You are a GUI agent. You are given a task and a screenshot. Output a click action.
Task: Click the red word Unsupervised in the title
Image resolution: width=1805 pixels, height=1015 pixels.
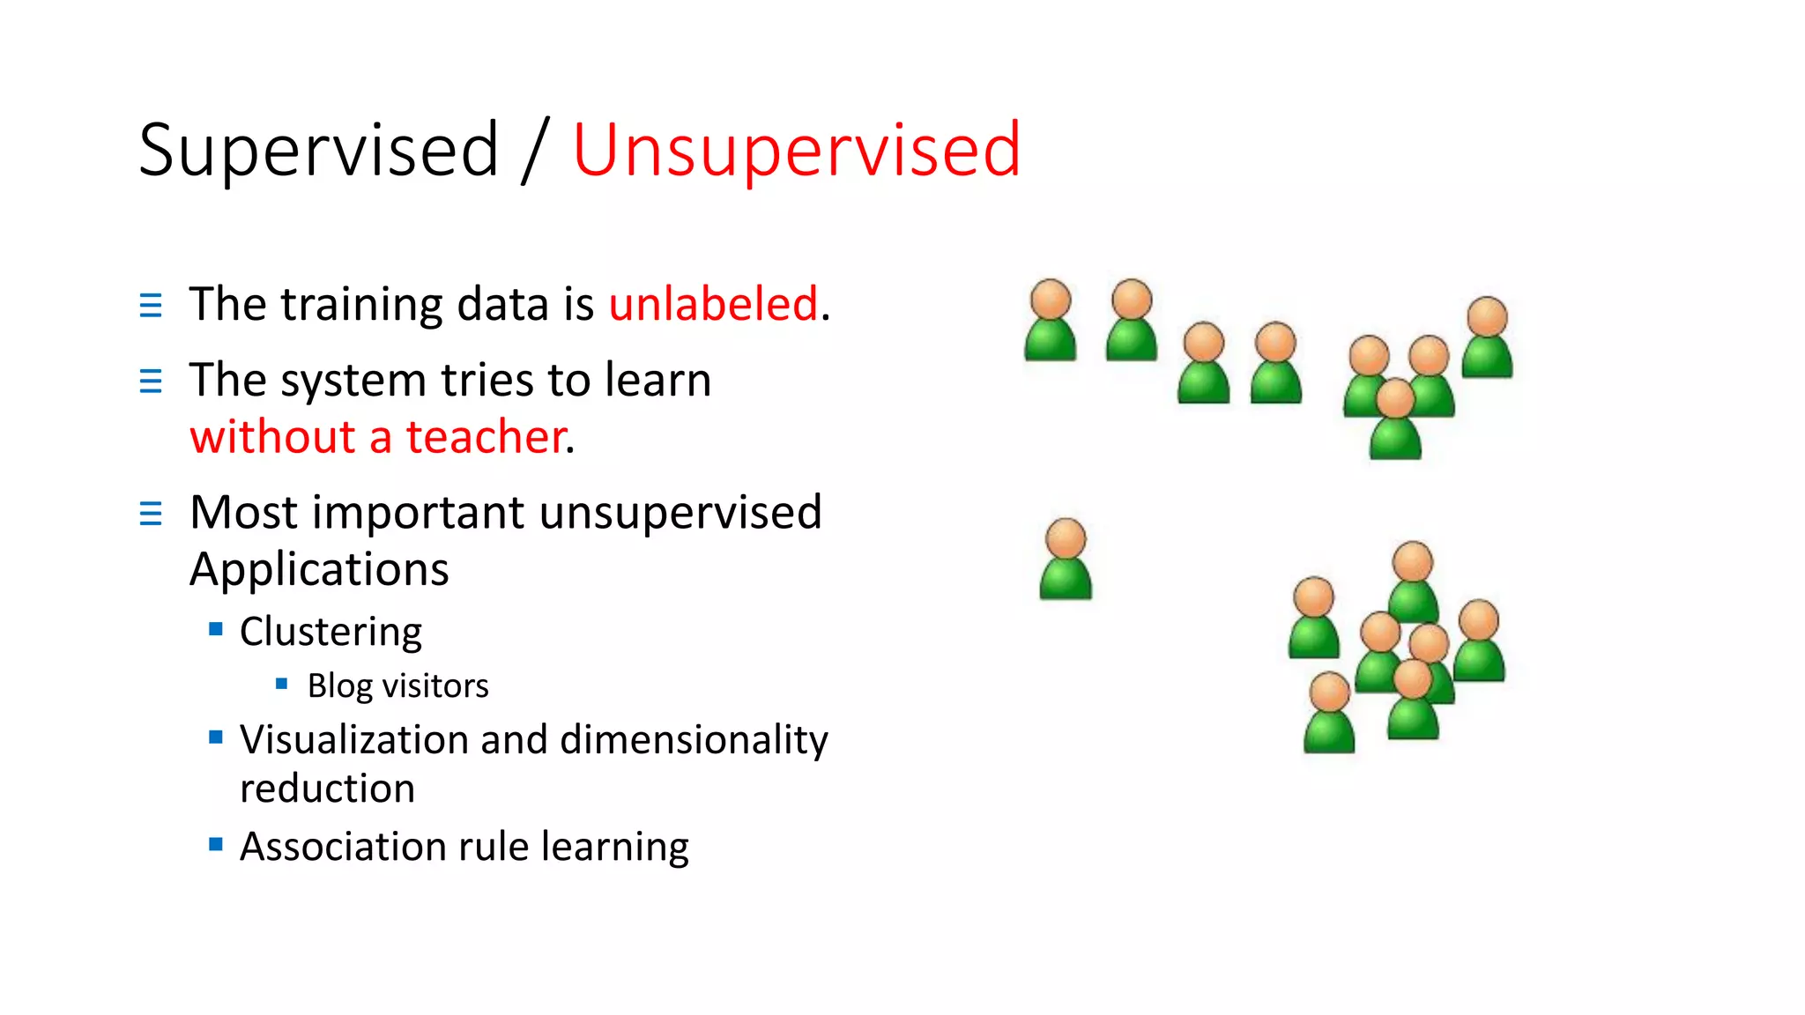click(x=796, y=151)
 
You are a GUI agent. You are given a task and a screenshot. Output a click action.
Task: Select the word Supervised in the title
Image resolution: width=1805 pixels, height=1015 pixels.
click(x=319, y=151)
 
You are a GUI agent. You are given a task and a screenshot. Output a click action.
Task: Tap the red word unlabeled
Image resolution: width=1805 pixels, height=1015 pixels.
click(x=713, y=304)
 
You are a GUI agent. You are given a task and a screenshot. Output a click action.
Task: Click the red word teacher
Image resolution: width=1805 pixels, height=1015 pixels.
click(x=485, y=437)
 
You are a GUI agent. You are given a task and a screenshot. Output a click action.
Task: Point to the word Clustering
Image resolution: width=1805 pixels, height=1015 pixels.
click(x=331, y=632)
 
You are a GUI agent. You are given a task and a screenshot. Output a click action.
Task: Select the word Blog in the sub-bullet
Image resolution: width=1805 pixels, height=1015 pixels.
click(x=339, y=685)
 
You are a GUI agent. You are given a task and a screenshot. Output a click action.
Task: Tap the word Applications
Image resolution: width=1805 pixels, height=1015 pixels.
click(x=319, y=569)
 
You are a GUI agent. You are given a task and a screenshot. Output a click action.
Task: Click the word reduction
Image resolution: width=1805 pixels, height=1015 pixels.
click(x=327, y=789)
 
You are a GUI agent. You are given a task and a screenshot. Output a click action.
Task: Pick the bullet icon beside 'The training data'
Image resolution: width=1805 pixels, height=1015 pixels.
click(x=151, y=305)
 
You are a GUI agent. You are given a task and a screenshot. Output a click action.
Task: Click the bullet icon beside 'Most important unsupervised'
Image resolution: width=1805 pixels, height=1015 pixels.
click(x=151, y=513)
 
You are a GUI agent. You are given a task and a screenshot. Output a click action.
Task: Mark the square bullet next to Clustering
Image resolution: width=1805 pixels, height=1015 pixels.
click(x=216, y=629)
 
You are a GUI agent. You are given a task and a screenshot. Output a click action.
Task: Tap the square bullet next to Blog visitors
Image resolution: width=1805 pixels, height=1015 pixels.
click(x=282, y=684)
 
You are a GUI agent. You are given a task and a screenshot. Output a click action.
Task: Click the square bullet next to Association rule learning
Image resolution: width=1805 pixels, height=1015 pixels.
click(x=216, y=844)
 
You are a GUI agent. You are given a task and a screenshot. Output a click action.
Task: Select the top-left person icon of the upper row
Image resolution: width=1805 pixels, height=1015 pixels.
click(x=1050, y=320)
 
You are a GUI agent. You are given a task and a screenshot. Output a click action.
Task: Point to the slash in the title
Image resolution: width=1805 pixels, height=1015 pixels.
click(x=535, y=151)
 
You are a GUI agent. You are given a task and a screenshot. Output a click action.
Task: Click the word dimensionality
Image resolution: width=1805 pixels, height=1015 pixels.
click(x=694, y=739)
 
